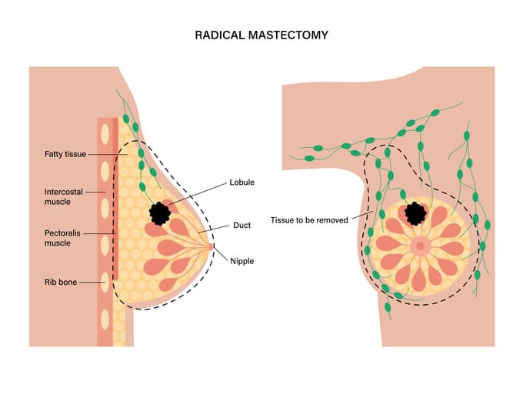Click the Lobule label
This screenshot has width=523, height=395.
(242, 182)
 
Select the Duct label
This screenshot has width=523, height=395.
(242, 226)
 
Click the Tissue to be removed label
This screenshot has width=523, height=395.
(310, 219)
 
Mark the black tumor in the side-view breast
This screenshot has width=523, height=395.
(161, 212)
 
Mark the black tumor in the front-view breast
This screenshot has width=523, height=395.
(416, 212)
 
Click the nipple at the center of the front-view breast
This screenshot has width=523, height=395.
(420, 246)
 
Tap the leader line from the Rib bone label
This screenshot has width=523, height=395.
(92, 282)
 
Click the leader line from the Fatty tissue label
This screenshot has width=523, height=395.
(104, 155)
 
